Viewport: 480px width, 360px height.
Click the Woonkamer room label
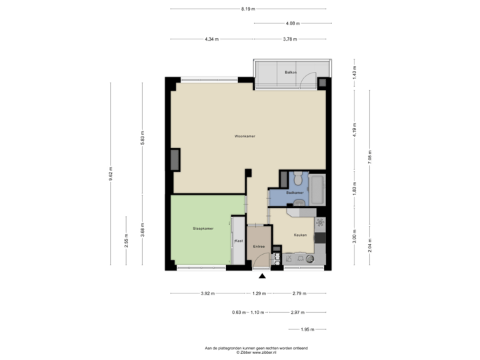click(245, 136)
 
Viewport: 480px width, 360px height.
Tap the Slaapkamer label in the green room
click(203, 229)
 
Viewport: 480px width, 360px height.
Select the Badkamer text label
click(295, 193)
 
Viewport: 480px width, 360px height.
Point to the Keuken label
click(299, 235)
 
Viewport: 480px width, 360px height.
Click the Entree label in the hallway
click(258, 247)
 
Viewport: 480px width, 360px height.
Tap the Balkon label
click(290, 71)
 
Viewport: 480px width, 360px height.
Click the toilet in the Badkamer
click(298, 178)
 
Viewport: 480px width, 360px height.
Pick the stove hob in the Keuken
click(321, 222)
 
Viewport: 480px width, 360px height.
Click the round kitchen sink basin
click(311, 258)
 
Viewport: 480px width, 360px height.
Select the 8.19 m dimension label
click(248, 9)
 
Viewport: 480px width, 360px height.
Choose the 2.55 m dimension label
click(127, 241)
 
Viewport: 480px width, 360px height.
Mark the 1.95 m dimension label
click(307, 329)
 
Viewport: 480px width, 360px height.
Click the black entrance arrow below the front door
click(261, 275)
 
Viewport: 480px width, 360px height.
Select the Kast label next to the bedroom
click(237, 240)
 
